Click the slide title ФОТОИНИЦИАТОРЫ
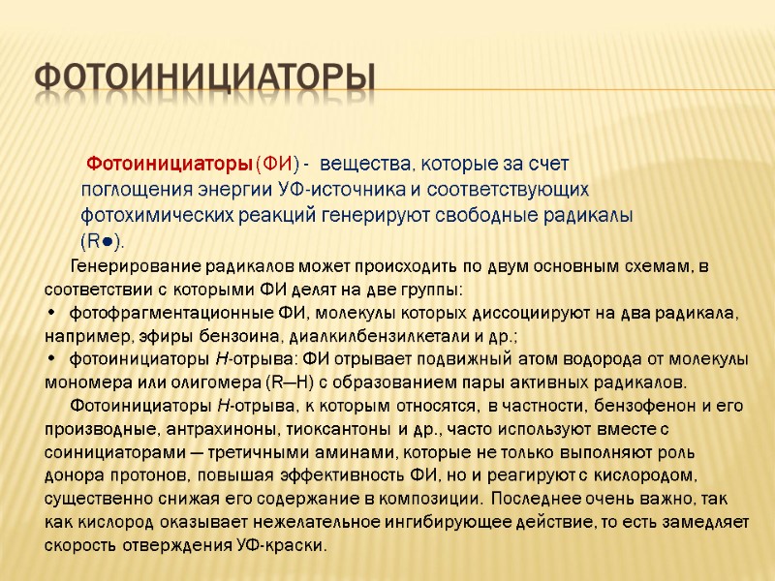(x=204, y=78)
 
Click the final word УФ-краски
(x=283, y=545)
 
